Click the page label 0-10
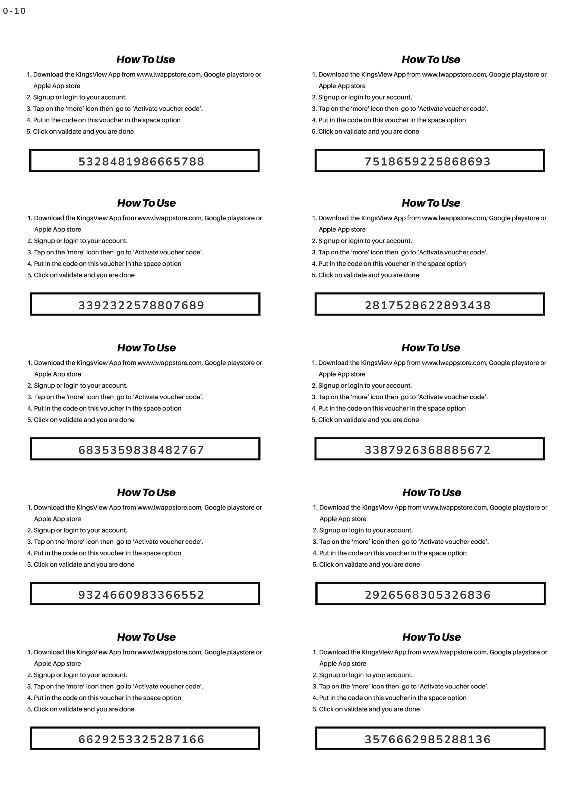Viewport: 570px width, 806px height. point(14,11)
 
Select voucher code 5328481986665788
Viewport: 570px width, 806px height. point(141,161)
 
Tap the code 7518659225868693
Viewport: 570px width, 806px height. point(427,161)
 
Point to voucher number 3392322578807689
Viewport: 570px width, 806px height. point(141,305)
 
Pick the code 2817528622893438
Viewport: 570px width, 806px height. point(427,305)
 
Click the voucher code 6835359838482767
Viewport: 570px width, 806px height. point(141,450)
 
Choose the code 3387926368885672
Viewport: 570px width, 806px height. point(427,450)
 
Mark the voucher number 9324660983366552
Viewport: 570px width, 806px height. point(141,595)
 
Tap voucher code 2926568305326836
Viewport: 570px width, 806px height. point(427,595)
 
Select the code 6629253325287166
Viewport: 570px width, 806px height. point(141,739)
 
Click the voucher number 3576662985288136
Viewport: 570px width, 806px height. point(427,739)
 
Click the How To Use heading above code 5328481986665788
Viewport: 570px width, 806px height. point(145,59)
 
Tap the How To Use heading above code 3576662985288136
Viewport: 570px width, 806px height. point(431,637)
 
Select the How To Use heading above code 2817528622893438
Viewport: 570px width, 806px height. point(431,203)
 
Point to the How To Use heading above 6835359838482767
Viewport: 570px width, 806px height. point(147,348)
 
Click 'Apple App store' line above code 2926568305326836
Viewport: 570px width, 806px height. point(343,519)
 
